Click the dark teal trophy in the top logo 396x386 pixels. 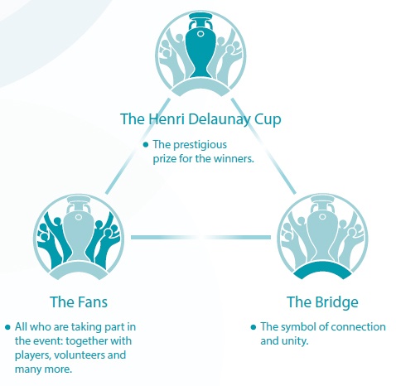pyautogui.click(x=200, y=47)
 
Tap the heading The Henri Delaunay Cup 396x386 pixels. pyautogui.click(x=200, y=119)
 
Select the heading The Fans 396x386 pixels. pyautogui.click(x=79, y=302)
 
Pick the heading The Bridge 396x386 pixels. pyautogui.click(x=322, y=302)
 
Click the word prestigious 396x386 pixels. pyautogui.click(x=200, y=145)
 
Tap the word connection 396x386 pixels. pyautogui.click(x=358, y=327)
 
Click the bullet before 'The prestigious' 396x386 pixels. pyautogui.click(x=146, y=145)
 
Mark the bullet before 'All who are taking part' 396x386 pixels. pyautogui.click(x=7, y=327)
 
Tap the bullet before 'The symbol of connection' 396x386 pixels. pyautogui.click(x=254, y=327)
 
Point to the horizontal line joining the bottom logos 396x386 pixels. pyautogui.click(x=200, y=237)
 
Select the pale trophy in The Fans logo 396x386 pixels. pyautogui.click(x=79, y=229)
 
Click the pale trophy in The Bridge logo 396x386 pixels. pyautogui.click(x=322, y=229)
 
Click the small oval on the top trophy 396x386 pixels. pyautogui.click(x=200, y=34)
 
